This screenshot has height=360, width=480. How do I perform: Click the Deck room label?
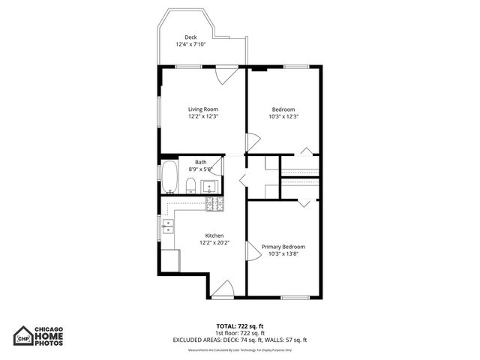pos(190,37)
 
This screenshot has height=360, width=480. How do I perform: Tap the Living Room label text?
pos(202,109)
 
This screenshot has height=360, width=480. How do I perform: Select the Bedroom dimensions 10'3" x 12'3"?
pos(283,116)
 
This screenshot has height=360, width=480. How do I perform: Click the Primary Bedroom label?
pos(283,247)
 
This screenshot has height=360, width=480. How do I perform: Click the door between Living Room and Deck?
pos(226,73)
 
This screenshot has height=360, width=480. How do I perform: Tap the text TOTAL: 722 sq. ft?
pos(239,326)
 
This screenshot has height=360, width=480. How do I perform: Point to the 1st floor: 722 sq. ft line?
pos(239,333)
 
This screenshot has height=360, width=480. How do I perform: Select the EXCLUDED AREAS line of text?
pos(239,340)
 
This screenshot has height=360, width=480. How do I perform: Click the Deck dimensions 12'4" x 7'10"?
pos(190,45)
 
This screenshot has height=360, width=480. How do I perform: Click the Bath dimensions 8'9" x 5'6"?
pos(201,169)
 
